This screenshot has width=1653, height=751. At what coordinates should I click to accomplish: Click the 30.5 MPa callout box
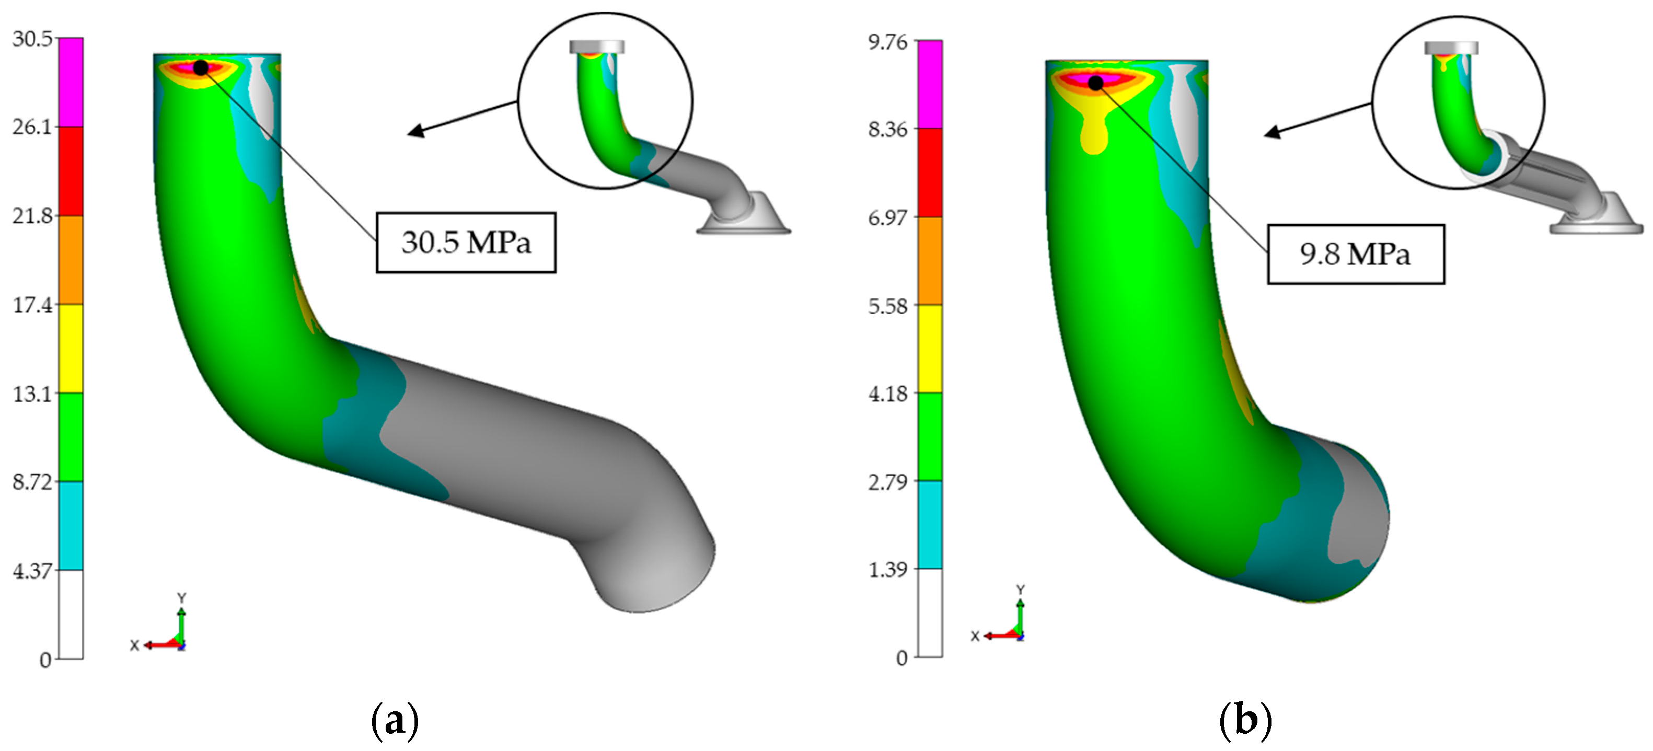click(x=466, y=242)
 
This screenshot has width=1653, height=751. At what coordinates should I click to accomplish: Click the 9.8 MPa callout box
click(x=1356, y=254)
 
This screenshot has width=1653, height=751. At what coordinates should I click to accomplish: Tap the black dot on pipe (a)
click(x=201, y=67)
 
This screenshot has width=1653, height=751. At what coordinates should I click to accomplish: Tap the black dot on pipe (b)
click(x=1096, y=83)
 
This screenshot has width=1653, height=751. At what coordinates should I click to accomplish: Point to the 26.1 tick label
click(x=32, y=127)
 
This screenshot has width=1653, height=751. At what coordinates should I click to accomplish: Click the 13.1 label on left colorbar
click(x=32, y=394)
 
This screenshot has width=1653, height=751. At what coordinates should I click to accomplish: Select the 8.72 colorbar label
click(x=32, y=482)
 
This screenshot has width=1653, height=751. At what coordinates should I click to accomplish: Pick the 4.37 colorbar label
click(x=32, y=571)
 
